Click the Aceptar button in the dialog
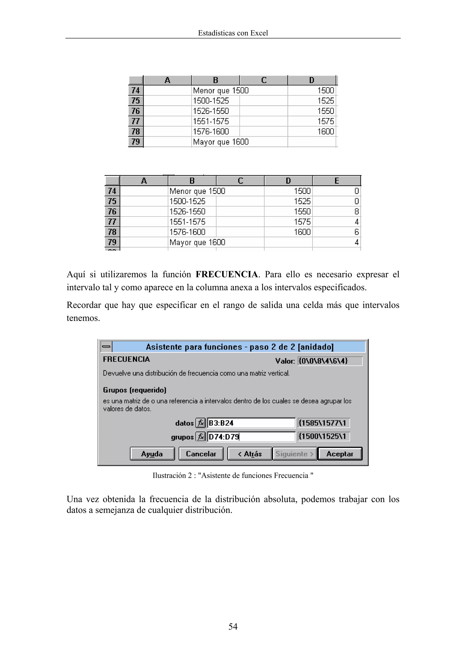coord(340,454)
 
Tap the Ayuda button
coord(152,454)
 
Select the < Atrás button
coord(250,454)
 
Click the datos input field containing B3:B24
coord(251,423)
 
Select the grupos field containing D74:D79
coord(251,437)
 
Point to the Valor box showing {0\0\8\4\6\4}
coord(330,361)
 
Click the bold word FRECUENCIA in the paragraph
coord(227,274)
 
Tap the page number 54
coord(233,626)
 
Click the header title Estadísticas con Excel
coord(233,33)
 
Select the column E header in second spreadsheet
coord(337,181)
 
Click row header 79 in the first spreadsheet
coord(136,142)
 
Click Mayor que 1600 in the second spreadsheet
coord(197,242)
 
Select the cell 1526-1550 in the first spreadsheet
coord(211,111)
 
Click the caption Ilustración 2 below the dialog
coord(233,475)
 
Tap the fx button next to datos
coord(200,423)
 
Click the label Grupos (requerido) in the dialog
coord(135,390)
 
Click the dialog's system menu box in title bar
coord(106,347)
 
